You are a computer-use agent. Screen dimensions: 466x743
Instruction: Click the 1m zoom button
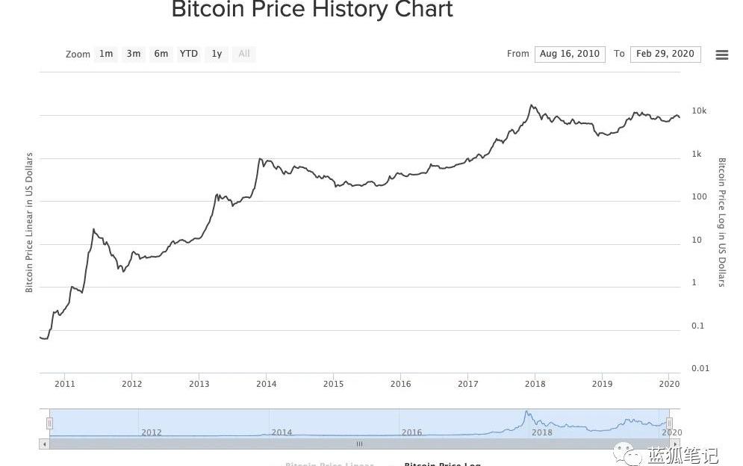(106, 54)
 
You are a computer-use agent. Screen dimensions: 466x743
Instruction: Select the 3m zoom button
(134, 54)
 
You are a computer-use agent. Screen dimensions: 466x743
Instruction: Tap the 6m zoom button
(161, 54)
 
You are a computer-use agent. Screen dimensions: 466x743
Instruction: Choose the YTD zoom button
(189, 54)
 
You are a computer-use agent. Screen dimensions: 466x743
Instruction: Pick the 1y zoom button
(217, 54)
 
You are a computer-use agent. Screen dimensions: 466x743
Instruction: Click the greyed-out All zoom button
(244, 54)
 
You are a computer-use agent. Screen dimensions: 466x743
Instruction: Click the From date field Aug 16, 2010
(570, 54)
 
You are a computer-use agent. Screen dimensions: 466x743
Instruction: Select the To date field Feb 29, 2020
(665, 54)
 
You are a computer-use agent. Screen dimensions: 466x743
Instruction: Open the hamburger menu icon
(721, 55)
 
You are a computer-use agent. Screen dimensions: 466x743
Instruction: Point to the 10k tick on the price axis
(699, 111)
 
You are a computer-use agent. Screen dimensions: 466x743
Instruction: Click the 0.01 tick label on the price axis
(700, 368)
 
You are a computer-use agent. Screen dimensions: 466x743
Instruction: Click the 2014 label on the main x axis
(267, 384)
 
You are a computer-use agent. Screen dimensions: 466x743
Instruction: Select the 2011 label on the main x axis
(65, 384)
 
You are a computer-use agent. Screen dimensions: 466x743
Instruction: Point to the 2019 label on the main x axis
(602, 384)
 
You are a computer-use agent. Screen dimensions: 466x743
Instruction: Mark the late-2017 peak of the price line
(532, 105)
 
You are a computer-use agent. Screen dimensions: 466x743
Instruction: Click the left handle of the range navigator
(50, 423)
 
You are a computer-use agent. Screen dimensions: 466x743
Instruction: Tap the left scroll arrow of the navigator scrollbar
(44, 444)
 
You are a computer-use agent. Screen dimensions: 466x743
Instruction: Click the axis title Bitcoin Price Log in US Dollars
(722, 222)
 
